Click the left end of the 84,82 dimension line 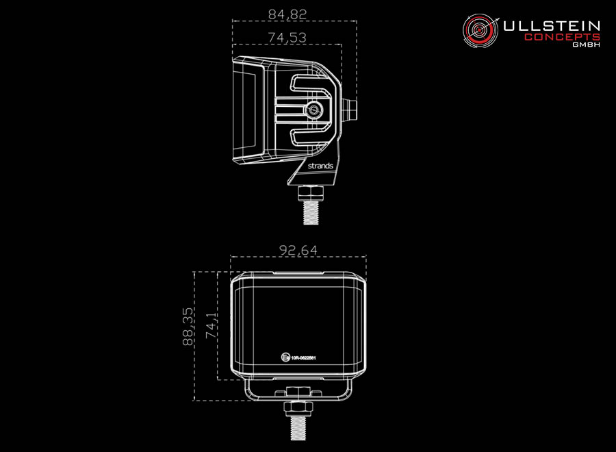tap(233, 21)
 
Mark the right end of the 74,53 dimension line tap(342, 45)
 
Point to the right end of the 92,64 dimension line tap(366, 257)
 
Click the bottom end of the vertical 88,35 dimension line tap(194, 401)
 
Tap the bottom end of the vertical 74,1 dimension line tap(218, 379)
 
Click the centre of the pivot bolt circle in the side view tap(313, 110)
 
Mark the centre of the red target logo tap(480, 30)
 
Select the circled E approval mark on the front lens tap(285, 357)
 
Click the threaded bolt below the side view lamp tap(311, 212)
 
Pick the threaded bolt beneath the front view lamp tap(298, 428)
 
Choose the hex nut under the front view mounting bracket tap(298, 409)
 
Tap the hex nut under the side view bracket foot tap(311, 193)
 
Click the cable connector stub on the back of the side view tap(349, 110)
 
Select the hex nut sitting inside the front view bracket tap(298, 392)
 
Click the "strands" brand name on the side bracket tap(320, 166)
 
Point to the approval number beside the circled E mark tap(303, 358)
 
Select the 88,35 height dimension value tap(188, 327)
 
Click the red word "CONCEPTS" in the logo tap(562, 38)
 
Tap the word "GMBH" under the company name tap(586, 45)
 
